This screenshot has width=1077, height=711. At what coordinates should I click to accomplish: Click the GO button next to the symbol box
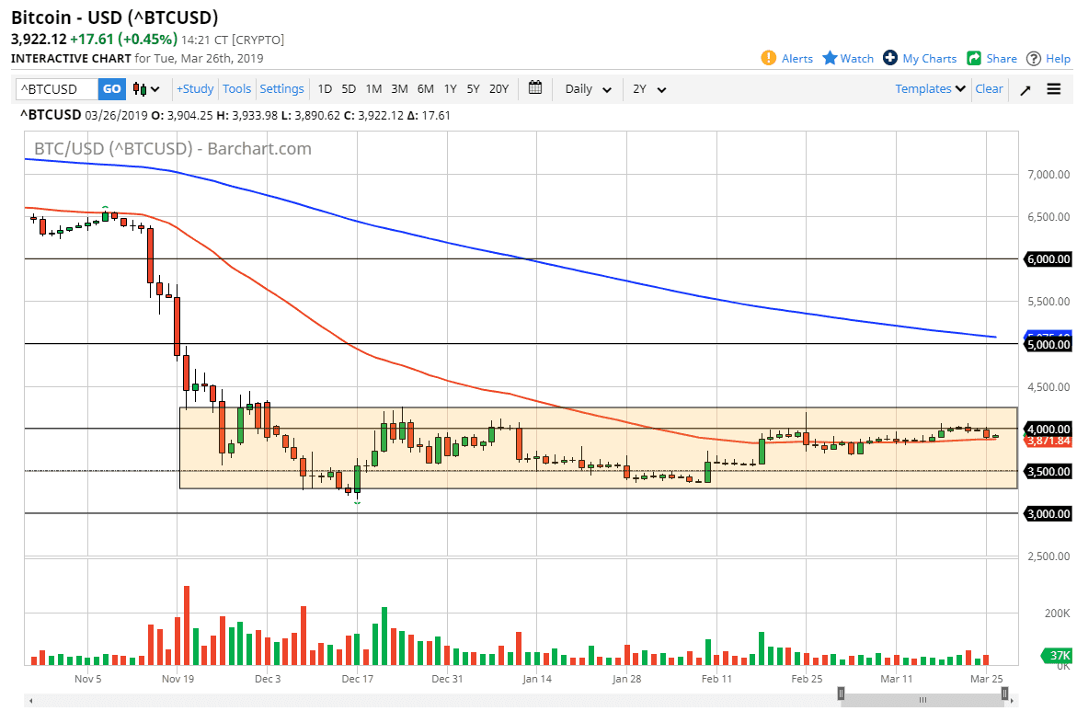[x=111, y=89]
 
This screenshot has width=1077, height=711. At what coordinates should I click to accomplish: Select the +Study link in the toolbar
[x=195, y=89]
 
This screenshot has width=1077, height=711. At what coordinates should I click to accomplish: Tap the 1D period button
[x=325, y=89]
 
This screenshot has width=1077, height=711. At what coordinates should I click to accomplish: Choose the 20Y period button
[x=498, y=89]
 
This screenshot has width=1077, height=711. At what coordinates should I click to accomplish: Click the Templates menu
[x=931, y=89]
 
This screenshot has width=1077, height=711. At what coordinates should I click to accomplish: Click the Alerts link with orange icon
[x=787, y=58]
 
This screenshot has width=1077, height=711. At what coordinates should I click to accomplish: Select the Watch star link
[x=848, y=58]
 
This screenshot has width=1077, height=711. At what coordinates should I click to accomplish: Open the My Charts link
[x=920, y=58]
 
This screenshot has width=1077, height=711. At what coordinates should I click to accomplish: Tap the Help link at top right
[x=1048, y=58]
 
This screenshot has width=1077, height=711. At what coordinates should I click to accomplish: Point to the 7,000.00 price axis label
[x=1048, y=175]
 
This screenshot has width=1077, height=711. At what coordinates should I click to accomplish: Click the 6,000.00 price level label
[x=1048, y=259]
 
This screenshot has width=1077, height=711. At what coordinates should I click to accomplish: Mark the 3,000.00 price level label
[x=1048, y=514]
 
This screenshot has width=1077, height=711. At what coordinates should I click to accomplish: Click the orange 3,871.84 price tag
[x=1048, y=442]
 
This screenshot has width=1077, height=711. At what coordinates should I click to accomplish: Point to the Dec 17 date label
[x=356, y=680]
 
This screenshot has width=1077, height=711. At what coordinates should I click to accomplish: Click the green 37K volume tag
[x=1060, y=655]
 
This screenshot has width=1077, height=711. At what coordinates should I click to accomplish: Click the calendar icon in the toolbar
[x=535, y=88]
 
